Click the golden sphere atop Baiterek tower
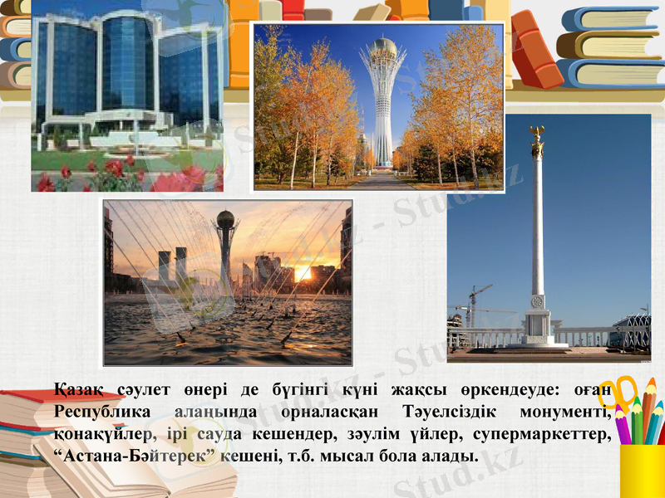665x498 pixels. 383,46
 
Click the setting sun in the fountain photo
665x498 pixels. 302,273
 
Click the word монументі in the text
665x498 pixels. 564,413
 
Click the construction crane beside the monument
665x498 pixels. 476,302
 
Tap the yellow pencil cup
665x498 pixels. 642,469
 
